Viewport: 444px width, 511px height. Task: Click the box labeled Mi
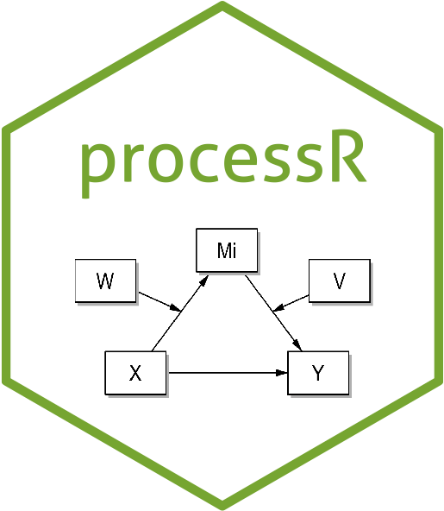click(x=227, y=250)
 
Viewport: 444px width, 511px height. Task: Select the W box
click(x=105, y=281)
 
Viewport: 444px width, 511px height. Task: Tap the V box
click(x=340, y=281)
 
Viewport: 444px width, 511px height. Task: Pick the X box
click(x=135, y=373)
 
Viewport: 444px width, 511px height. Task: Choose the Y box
click(x=318, y=373)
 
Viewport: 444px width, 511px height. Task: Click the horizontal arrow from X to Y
click(x=228, y=373)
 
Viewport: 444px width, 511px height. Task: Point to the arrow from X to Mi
click(x=180, y=313)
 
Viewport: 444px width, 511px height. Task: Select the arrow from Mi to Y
click(x=273, y=313)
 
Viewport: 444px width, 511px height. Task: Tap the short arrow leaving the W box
click(x=159, y=302)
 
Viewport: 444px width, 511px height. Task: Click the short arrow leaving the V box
click(x=291, y=303)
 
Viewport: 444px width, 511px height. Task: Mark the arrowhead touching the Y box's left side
click(x=281, y=373)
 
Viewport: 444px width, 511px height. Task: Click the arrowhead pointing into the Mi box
click(x=204, y=281)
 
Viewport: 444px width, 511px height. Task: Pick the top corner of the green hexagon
click(x=222, y=3)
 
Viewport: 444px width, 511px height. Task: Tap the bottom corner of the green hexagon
click(x=222, y=508)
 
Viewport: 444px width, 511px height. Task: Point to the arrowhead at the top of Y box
click(x=297, y=345)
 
